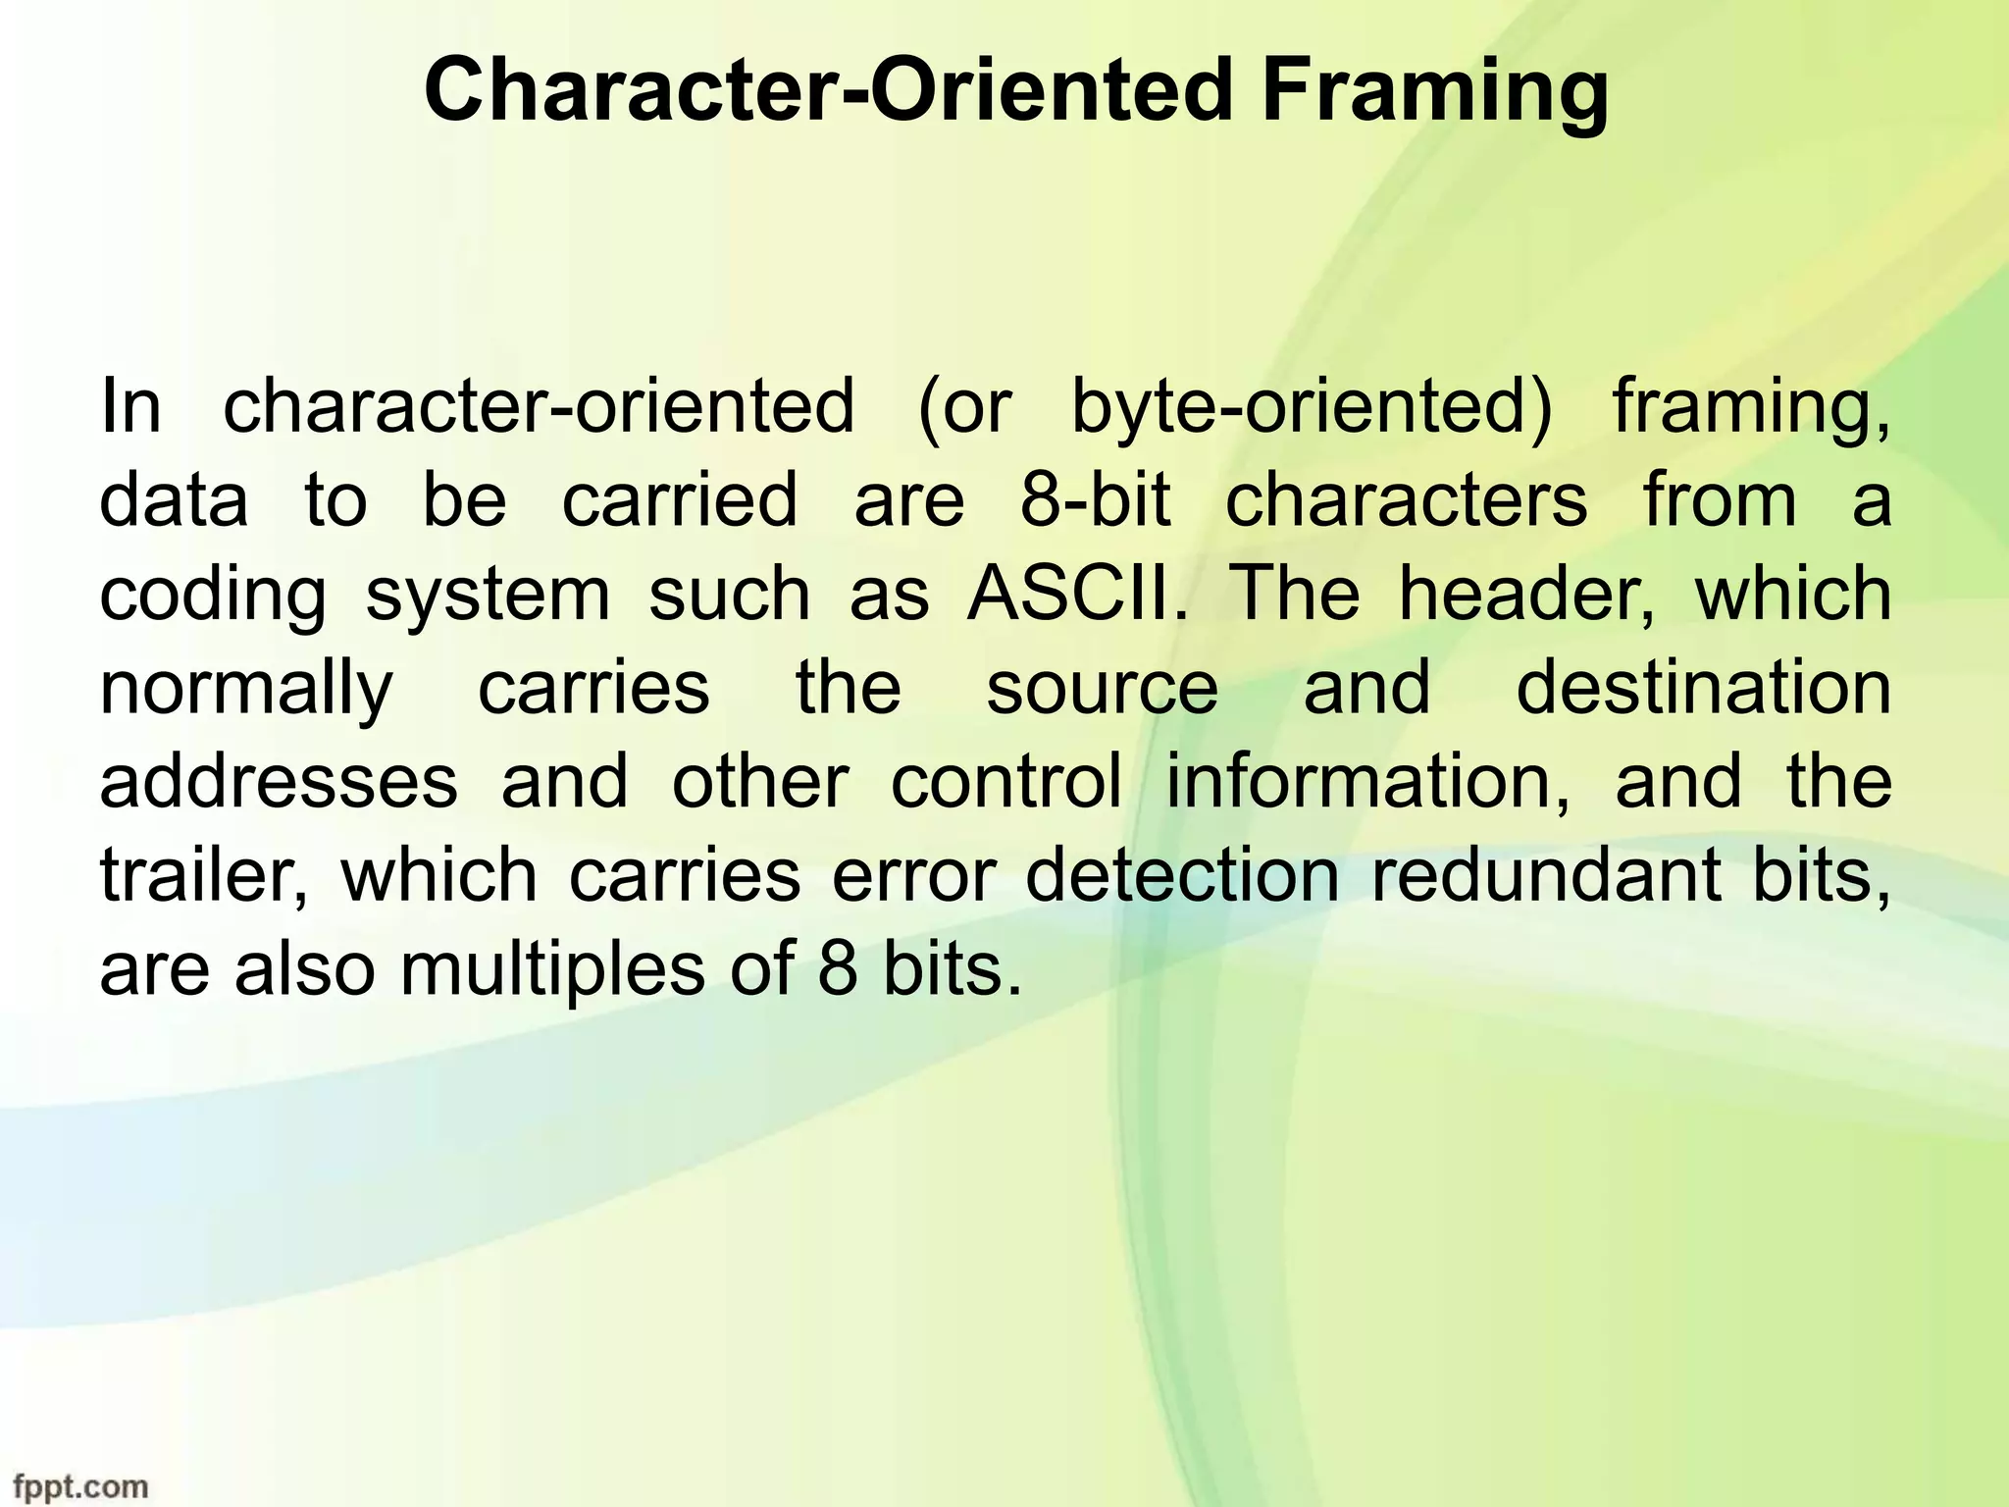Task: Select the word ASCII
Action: (1076, 595)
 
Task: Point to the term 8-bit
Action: (1096, 500)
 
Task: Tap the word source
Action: (1102, 689)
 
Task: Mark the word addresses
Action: (279, 781)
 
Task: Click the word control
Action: (1006, 781)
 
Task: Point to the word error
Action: (914, 875)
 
